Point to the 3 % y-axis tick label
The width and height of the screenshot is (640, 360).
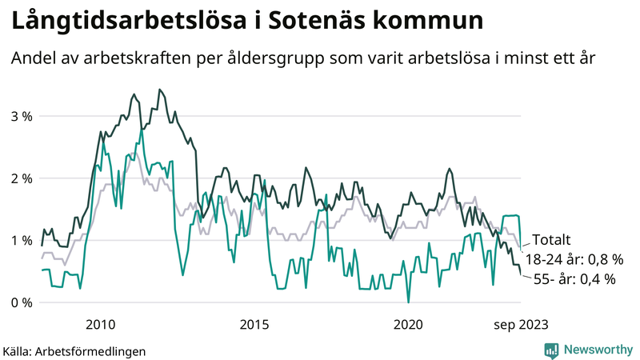22,116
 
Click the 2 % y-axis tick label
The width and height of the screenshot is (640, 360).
22,178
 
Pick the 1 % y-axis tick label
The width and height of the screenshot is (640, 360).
22,240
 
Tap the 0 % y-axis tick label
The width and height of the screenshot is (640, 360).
22,302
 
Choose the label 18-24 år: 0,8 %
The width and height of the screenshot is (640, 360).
574,259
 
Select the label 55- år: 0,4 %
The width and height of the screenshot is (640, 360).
574,279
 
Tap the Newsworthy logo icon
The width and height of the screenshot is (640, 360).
551,350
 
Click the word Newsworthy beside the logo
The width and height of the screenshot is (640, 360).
599,350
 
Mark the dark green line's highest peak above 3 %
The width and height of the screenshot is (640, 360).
160,90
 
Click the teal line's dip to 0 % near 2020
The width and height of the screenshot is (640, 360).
408,302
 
